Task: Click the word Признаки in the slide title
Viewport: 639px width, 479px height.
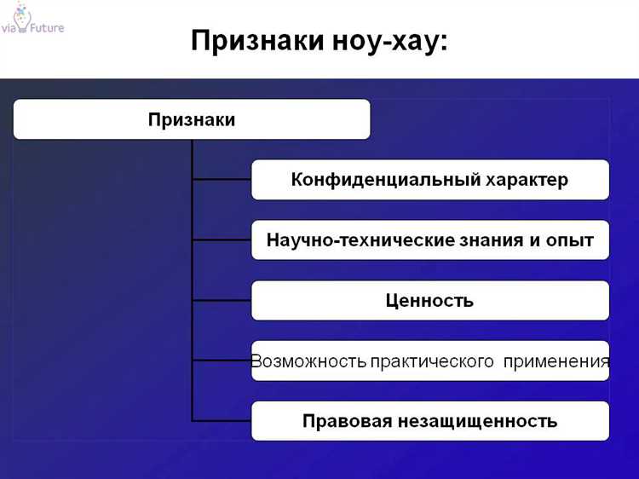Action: (256, 41)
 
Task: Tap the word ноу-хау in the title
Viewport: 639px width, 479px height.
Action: (389, 41)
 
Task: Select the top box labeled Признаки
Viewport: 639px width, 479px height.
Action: (192, 119)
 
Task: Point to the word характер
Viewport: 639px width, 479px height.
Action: (527, 180)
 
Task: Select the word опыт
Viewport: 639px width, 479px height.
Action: (570, 240)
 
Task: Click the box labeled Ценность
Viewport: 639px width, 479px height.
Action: (430, 301)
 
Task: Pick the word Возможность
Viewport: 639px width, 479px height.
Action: (308, 361)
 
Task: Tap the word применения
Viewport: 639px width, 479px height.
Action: (556, 361)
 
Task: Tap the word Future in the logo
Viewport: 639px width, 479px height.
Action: (44, 27)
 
